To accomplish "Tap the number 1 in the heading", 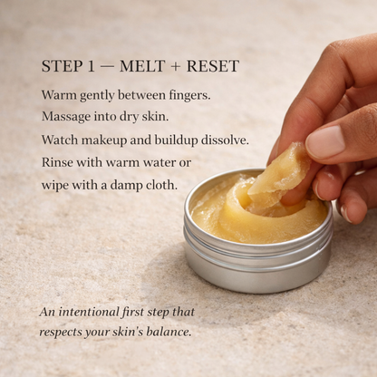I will (92, 67).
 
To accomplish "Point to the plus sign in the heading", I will (177, 67).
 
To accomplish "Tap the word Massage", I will (68, 117).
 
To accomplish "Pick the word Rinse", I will (59, 162).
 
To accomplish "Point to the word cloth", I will (160, 185).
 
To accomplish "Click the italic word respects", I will (64, 332).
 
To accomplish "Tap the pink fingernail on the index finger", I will (324, 140).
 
